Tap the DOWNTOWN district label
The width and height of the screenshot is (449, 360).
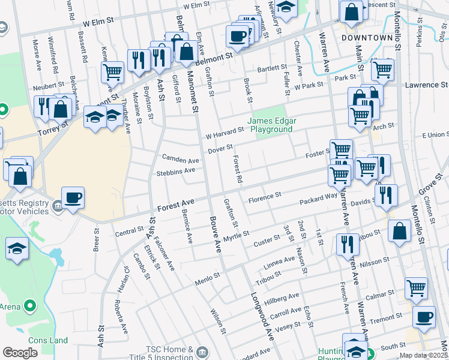[367, 37]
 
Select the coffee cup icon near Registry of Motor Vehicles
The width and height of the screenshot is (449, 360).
[73, 197]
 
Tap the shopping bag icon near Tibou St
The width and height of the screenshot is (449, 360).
[399, 231]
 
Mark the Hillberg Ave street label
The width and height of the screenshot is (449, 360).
[284, 296]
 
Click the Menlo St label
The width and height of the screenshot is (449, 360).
[207, 280]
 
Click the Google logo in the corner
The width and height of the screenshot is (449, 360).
[20, 352]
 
